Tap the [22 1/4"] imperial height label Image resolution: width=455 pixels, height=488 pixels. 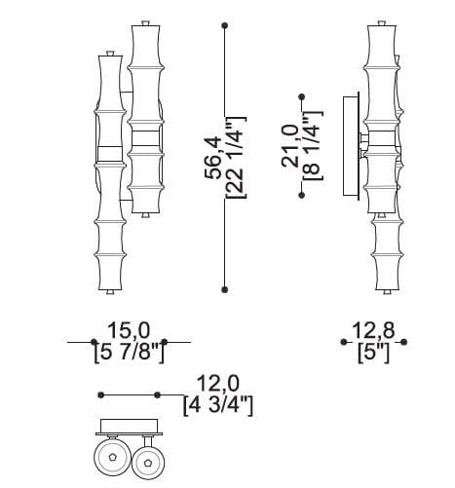coord(236,158)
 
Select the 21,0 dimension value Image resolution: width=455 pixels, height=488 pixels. coord(290,146)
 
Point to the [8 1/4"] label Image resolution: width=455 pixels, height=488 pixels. coord(313,146)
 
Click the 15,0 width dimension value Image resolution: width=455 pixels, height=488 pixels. coord(129,330)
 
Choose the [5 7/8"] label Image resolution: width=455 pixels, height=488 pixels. coord(130,353)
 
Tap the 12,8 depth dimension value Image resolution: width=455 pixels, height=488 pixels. coord(373,330)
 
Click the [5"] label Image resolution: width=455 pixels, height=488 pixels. coord(373,353)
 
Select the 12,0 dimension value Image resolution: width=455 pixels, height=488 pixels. coord(218,383)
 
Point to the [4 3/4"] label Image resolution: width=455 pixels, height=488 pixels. coord(218,405)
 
